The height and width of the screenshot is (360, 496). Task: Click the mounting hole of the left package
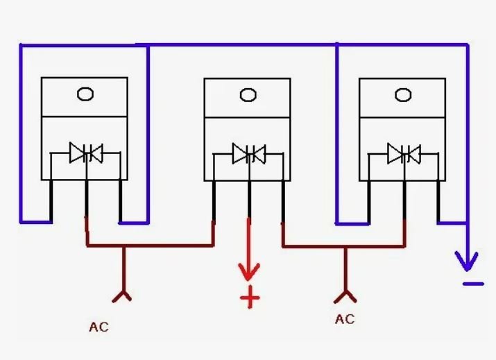tap(85, 94)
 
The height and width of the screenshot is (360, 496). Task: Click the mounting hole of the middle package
tap(248, 95)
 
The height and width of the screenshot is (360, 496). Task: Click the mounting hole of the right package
tap(403, 95)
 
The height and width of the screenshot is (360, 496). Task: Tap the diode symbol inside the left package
tap(86, 153)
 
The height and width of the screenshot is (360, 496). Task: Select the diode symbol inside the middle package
tap(249, 154)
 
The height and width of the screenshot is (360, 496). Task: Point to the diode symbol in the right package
tap(404, 154)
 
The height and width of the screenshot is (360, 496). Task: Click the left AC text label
tap(99, 327)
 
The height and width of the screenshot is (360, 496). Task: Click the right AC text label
tap(345, 319)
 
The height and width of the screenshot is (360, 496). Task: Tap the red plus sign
tap(250, 297)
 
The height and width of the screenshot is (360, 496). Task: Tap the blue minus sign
tap(473, 284)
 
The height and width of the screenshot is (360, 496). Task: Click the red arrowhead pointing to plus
tap(249, 272)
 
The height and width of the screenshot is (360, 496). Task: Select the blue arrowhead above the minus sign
tap(467, 261)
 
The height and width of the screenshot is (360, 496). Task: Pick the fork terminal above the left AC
tap(122, 295)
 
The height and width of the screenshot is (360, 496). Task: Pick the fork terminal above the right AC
tap(345, 296)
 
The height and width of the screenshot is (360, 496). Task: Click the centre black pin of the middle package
tap(249, 199)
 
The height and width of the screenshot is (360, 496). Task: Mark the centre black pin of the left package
tap(86, 198)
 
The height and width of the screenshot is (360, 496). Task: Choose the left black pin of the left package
tap(51, 201)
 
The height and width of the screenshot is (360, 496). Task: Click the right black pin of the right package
tap(438, 202)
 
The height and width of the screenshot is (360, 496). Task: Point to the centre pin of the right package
tap(404, 200)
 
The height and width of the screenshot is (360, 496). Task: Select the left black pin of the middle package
tap(214, 201)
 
